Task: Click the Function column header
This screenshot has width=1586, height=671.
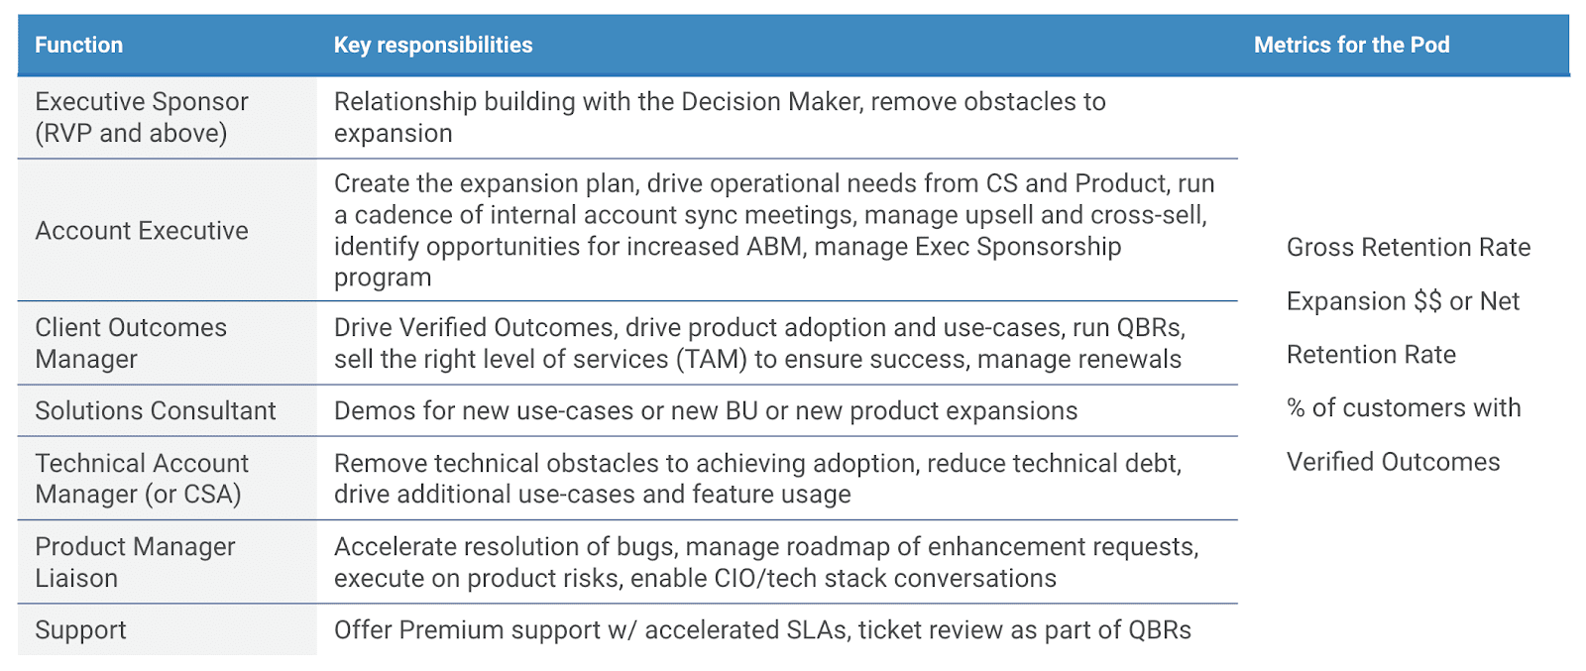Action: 78,46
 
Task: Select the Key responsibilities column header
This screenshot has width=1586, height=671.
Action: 432,46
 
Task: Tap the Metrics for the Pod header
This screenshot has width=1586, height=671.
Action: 1352,46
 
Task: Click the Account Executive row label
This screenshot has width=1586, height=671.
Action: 142,231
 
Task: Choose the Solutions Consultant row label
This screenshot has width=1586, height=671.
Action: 155,410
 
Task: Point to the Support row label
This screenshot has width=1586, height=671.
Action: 80,630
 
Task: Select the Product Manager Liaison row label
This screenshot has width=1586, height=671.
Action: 135,563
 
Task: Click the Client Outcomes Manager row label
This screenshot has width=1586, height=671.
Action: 131,343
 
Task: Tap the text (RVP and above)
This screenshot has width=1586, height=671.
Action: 131,134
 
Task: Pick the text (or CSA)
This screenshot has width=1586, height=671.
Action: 193,495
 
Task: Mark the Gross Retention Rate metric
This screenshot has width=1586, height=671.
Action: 1409,247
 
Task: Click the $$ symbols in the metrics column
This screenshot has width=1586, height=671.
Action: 1427,301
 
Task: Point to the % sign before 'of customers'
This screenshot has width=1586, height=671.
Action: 1296,408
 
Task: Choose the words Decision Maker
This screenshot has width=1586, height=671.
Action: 772,102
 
